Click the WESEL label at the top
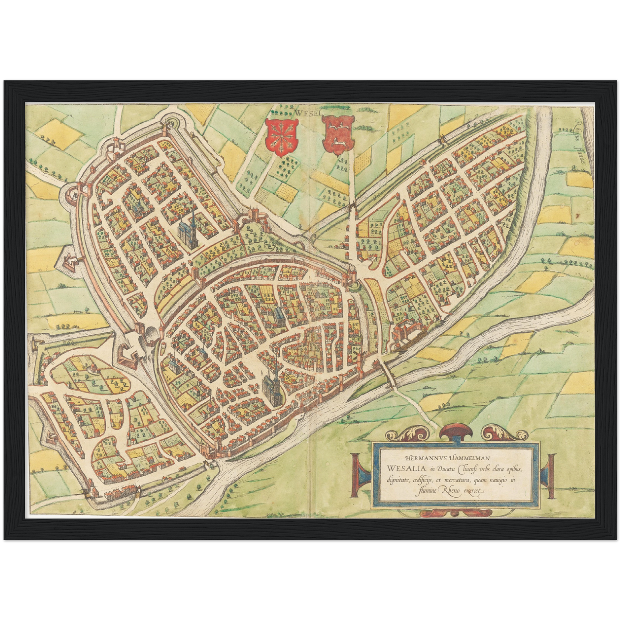click(305, 113)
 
